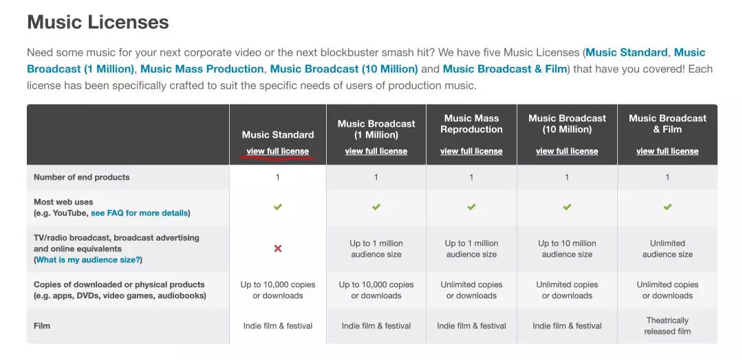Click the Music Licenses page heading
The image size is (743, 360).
click(98, 22)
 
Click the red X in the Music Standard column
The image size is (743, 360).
click(278, 248)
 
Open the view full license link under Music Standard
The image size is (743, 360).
click(278, 151)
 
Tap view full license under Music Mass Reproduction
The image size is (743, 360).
click(471, 151)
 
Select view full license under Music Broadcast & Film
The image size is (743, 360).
click(667, 151)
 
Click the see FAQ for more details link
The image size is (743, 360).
click(139, 213)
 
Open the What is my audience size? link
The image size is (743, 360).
click(88, 260)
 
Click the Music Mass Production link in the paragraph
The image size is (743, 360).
click(202, 70)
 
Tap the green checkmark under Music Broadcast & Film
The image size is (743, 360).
click(667, 207)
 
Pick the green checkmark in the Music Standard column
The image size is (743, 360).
click(278, 207)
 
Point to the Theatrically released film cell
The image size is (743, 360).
click(667, 326)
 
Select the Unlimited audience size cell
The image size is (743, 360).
click(667, 249)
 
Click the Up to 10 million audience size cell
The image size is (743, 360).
click(567, 249)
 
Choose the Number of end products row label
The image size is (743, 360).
click(81, 178)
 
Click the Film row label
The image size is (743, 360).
click(42, 326)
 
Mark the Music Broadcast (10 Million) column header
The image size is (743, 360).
click(567, 124)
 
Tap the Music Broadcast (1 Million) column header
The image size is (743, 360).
click(376, 129)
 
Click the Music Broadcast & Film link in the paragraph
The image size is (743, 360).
click(505, 70)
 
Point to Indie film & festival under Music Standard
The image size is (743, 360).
click(278, 326)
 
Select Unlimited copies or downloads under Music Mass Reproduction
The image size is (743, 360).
click(471, 290)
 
